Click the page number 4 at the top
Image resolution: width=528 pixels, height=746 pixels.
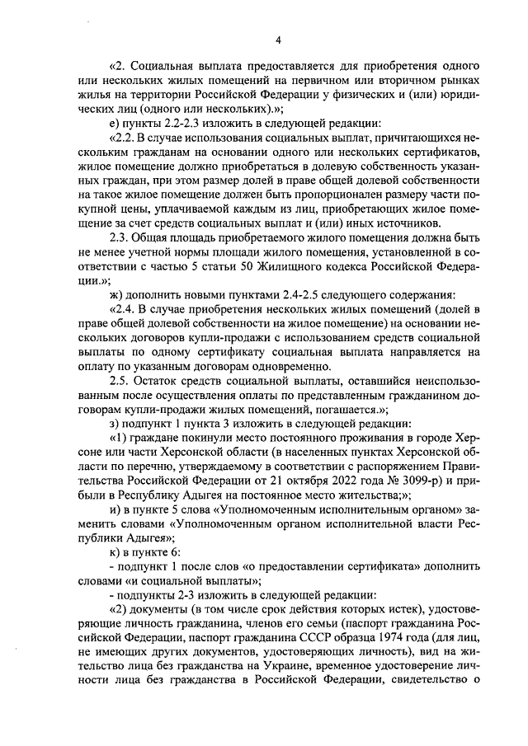278,40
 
